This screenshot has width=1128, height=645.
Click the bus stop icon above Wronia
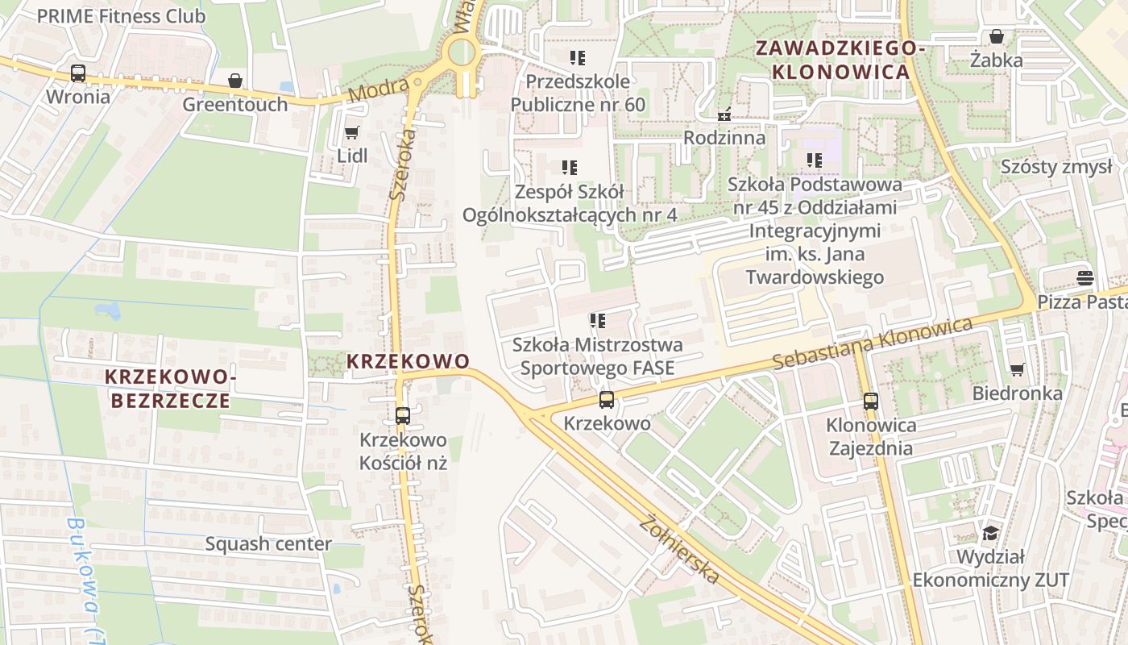point(78,73)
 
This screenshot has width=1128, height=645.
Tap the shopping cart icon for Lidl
point(351,132)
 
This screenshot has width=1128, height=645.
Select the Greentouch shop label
point(234,104)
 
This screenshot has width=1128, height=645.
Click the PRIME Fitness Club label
point(121,15)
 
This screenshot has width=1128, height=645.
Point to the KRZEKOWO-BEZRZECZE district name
point(169,389)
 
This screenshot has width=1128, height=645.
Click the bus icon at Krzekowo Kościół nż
point(403,416)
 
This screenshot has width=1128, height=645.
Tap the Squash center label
point(268,543)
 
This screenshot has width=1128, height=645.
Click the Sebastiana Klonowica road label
point(873,344)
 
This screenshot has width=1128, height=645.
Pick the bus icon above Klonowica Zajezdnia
point(870,401)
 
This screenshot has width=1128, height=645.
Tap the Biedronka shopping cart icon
point(1017,369)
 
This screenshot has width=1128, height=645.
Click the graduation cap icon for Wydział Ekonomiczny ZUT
point(989,533)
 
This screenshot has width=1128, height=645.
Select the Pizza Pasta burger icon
point(1084,278)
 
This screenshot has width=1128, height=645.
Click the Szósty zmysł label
point(1055,167)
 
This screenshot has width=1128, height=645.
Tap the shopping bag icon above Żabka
point(997,36)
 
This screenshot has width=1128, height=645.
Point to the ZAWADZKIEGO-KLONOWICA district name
point(840,60)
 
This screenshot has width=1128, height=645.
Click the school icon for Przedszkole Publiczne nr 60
point(578,57)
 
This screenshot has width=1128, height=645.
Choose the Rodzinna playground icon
point(724,114)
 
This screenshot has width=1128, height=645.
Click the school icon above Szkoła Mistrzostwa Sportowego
point(597,321)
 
